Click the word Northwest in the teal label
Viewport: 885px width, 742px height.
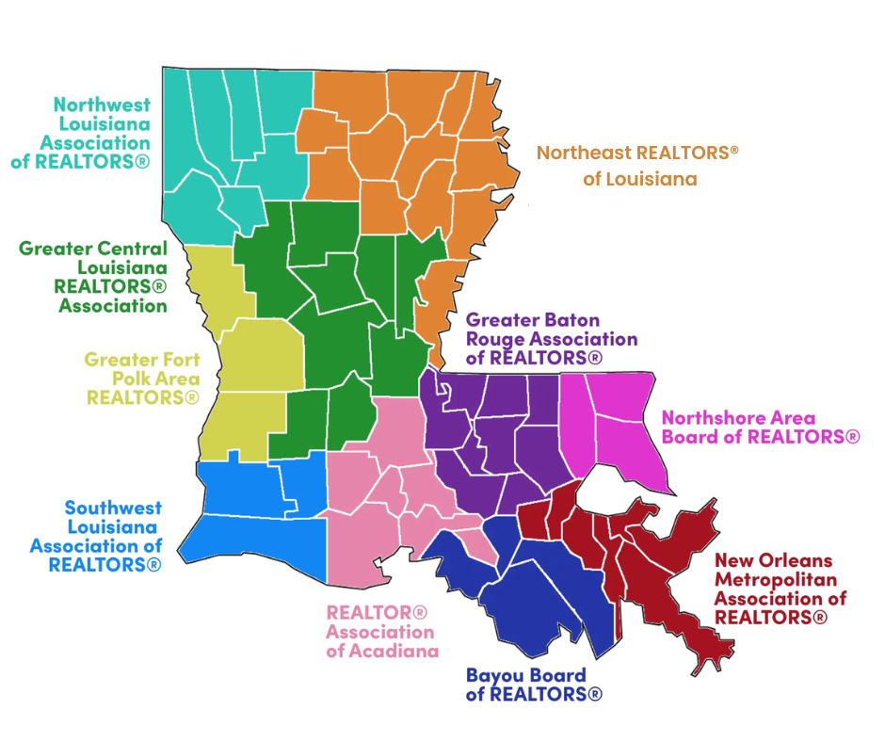(102, 105)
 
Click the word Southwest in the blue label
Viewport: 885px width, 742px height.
(113, 508)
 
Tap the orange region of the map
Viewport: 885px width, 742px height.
(414, 141)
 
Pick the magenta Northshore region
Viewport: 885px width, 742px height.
(612, 414)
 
